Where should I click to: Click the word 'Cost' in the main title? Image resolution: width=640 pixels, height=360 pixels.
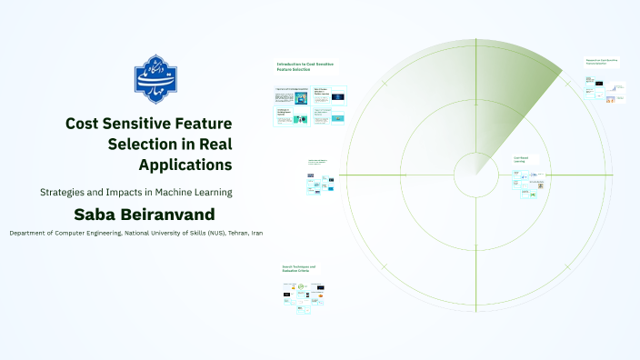[x=86, y=124]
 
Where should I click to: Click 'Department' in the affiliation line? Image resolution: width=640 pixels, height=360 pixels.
[x=30, y=234]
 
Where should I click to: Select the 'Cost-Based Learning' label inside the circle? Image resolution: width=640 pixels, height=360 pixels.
[x=522, y=159]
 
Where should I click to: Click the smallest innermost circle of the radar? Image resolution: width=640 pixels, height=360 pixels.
[x=474, y=174]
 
